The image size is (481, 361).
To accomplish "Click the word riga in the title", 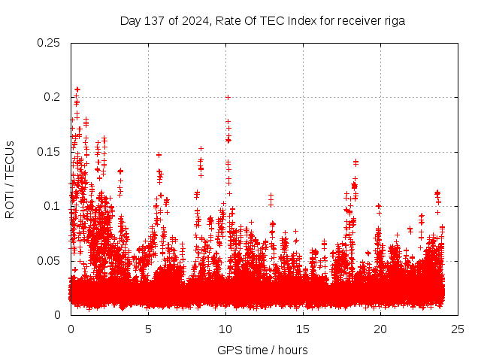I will pyautogui.click(x=392, y=21).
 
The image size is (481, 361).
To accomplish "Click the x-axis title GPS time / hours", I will pyautogui.click(x=262, y=350).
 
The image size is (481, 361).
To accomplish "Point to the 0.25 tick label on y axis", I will pyautogui.click(x=49, y=43).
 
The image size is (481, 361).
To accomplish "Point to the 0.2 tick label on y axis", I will pyautogui.click(x=52, y=97).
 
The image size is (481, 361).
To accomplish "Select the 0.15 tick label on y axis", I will pyautogui.click(x=49, y=152).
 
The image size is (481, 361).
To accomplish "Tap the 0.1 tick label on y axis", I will pyautogui.click(x=52, y=206).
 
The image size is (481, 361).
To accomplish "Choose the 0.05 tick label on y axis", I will pyautogui.click(x=49, y=261).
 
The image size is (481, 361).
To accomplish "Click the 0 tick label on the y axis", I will pyautogui.click(x=58, y=315).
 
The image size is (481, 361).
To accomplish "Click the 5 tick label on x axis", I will pyautogui.click(x=148, y=329).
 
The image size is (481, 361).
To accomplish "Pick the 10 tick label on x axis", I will pyautogui.click(x=225, y=329).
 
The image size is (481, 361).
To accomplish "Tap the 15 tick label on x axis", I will pyautogui.click(x=303, y=329).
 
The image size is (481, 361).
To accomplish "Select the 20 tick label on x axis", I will pyautogui.click(x=381, y=329).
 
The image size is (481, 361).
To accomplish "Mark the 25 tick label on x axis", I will pyautogui.click(x=458, y=329).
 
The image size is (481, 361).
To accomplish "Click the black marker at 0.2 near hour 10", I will pyautogui.click(x=228, y=97).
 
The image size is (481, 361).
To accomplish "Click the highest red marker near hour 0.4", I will pyautogui.click(x=77, y=89).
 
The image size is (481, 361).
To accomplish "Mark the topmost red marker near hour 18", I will pyautogui.click(x=355, y=162).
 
